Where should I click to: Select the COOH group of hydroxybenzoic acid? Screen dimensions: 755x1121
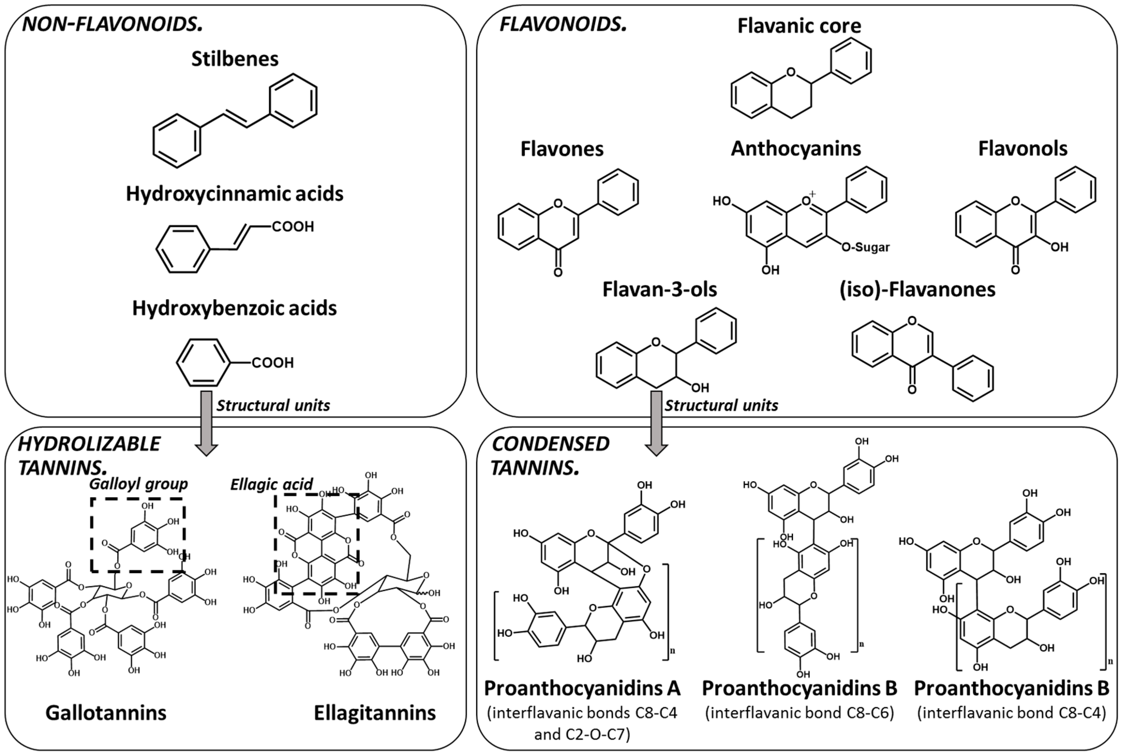point(273,363)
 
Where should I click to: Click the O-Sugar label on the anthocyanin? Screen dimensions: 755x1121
point(865,247)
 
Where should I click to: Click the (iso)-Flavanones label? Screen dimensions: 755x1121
point(917,289)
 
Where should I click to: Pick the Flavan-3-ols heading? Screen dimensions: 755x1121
point(659,289)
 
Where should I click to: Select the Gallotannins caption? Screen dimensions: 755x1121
point(106,713)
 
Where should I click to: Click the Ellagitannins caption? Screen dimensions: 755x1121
point(375,713)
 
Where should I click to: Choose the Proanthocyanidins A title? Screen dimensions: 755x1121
point(582,688)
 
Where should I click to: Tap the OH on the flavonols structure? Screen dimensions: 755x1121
point(1059,247)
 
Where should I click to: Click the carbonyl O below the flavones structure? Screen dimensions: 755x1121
point(558,273)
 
